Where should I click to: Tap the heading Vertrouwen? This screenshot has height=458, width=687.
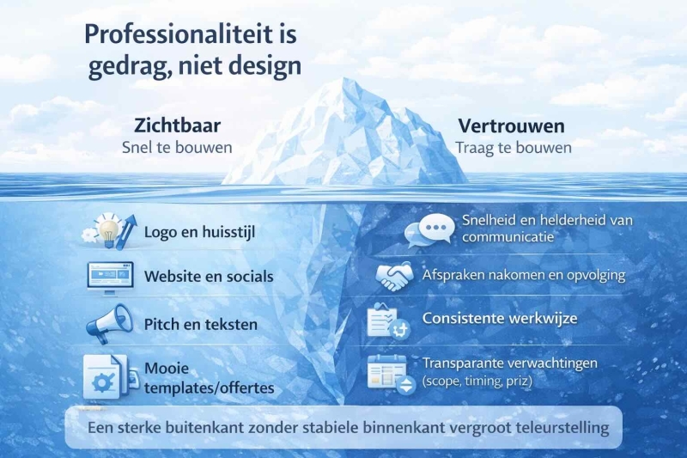coord(511,125)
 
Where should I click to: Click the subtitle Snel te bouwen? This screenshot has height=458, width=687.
coord(177,147)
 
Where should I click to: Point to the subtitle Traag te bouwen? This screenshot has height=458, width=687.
coord(514,147)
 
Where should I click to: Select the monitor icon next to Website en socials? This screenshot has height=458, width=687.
coord(110,277)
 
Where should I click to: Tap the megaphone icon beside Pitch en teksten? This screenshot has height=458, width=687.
coord(109,324)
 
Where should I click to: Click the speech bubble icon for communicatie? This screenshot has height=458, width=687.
coord(429,229)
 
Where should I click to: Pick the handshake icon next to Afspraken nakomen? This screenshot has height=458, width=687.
coord(394,277)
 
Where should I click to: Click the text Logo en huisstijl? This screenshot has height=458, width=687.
coord(199,231)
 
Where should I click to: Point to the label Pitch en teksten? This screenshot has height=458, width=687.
coord(201,325)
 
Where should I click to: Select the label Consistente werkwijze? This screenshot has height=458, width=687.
coord(499,319)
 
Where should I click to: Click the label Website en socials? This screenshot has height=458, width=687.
coord(209,277)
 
